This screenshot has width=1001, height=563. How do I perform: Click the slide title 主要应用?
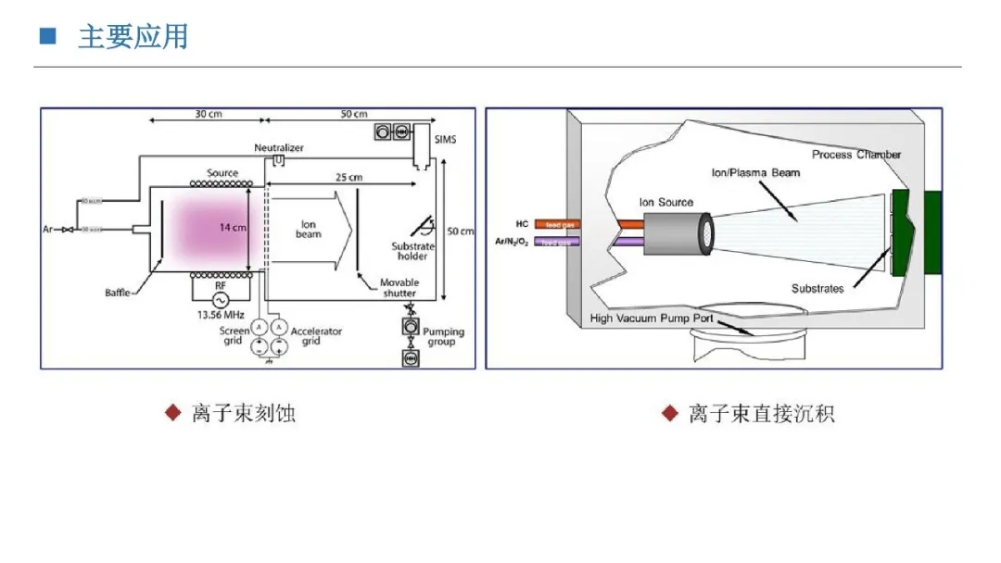point(133,37)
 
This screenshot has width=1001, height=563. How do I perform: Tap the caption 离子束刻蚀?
point(243,413)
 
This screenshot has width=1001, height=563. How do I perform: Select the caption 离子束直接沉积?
point(761,413)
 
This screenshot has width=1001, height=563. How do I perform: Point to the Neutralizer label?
point(279,148)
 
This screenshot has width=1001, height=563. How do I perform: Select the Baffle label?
point(118,294)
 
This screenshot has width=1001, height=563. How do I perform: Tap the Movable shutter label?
point(400,288)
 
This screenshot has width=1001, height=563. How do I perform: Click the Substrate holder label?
point(412,251)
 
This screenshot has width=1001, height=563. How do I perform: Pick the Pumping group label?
point(443,336)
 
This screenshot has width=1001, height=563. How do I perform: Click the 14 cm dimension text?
point(232,227)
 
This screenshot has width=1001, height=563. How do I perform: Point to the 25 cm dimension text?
point(348,177)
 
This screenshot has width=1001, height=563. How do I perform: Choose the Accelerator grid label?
point(316,336)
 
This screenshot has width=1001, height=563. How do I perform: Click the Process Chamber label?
point(856,155)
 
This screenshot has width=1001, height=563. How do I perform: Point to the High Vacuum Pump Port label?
point(653,319)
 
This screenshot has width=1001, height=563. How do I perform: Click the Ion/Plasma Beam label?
point(754,172)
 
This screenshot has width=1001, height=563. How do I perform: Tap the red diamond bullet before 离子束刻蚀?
point(172,412)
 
